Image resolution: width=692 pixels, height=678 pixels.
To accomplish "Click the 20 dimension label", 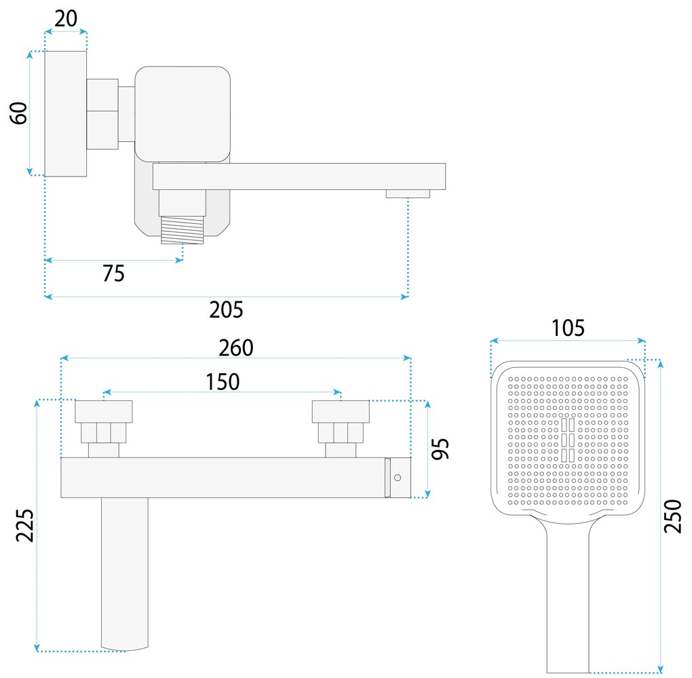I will [66, 18].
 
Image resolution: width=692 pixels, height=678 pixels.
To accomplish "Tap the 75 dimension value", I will [113, 273].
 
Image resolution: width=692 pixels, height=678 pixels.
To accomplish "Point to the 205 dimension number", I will [227, 309].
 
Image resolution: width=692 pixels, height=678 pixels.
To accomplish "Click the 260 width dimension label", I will [235, 347].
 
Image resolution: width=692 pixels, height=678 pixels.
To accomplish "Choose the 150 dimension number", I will [223, 381].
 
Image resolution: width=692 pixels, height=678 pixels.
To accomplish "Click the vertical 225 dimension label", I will [25, 525].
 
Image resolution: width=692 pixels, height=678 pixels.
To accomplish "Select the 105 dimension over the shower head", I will [568, 328].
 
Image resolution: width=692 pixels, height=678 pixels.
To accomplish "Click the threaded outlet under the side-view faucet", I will [182, 230].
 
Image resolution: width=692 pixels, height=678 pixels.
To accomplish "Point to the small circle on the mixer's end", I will [398, 478].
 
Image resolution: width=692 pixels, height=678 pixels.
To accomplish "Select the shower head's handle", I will [569, 597].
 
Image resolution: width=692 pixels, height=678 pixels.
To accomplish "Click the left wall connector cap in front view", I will [103, 411].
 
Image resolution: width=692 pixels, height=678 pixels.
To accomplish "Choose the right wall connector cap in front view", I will [341, 411].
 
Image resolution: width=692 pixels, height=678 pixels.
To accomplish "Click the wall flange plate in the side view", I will [66, 113].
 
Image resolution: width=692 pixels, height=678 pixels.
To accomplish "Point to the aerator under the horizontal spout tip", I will [408, 194].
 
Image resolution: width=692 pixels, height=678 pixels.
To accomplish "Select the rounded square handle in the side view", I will [182, 113].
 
